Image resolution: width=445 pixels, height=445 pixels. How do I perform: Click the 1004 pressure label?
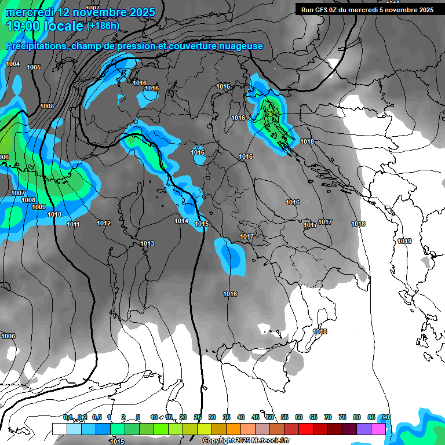pyautogui.click(x=13, y=64)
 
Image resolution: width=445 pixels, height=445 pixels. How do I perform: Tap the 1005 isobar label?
pyautogui.click(x=34, y=67)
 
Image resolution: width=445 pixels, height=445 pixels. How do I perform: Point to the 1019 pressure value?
pyautogui.click(x=404, y=241)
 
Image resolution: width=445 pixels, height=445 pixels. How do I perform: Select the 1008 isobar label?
pyautogui.click(x=28, y=200)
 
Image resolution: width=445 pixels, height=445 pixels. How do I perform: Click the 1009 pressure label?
pyautogui.click(x=39, y=207)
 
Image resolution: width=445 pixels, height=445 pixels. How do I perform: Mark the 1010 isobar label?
pyautogui.click(x=54, y=214)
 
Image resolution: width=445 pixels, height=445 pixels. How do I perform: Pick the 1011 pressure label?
pyautogui.click(x=73, y=224)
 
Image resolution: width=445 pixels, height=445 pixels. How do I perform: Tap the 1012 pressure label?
pyautogui.click(x=104, y=223)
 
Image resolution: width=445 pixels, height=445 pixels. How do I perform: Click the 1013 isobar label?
pyautogui.click(x=147, y=243)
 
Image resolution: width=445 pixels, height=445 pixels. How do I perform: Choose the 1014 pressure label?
pyautogui.click(x=181, y=221)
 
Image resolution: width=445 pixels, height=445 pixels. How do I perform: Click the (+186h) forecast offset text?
pyautogui.click(x=103, y=25)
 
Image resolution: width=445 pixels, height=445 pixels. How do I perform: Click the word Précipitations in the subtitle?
pyautogui.click(x=34, y=46)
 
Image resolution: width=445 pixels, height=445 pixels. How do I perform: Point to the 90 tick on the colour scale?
pyautogui.click(x=385, y=417)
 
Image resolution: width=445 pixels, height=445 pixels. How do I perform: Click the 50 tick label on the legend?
pyautogui.click(x=270, y=417)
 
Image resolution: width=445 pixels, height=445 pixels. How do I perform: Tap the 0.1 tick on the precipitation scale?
pyautogui.click(x=68, y=417)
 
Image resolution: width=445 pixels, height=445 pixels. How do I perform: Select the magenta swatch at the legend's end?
pyautogui.click(x=378, y=429)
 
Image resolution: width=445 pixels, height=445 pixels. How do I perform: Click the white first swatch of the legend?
pyautogui.click(x=59, y=429)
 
